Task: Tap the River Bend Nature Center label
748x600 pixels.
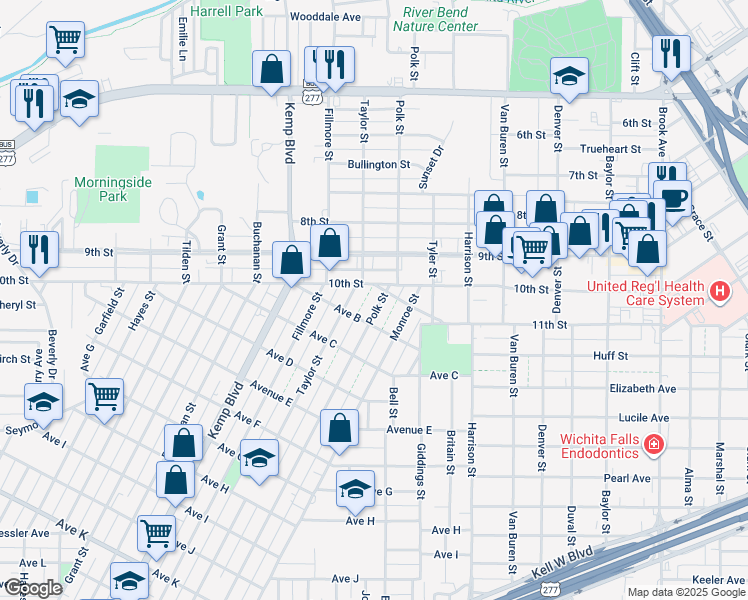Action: coord(435,19)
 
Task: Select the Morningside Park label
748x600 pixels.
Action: coord(113,189)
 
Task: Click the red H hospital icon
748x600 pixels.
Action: coord(717,292)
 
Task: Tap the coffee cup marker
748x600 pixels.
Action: coord(672,197)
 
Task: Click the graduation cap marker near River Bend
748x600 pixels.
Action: coord(569,76)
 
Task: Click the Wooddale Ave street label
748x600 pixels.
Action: coord(324,17)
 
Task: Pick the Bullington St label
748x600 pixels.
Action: coord(379,164)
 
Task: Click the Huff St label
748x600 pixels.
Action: coord(610,355)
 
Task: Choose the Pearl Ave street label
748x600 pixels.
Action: coord(627,478)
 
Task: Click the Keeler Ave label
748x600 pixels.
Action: coord(718,579)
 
